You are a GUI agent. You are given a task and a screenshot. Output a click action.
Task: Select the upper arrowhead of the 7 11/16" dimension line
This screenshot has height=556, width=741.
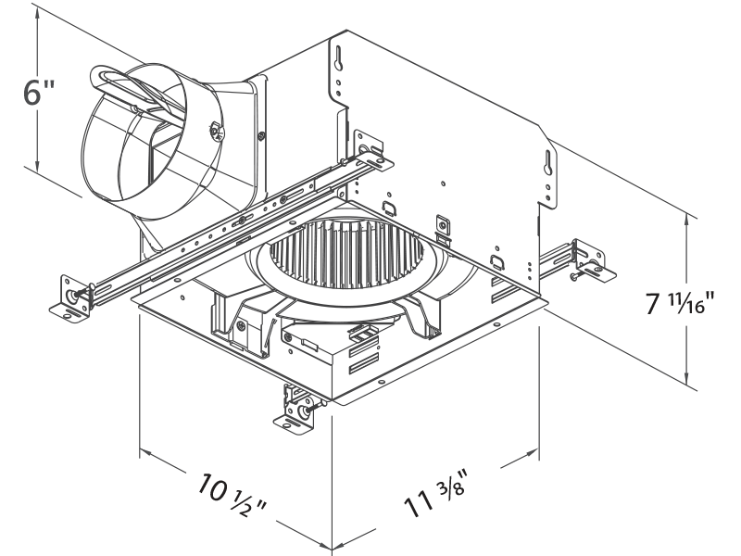click(x=688, y=220)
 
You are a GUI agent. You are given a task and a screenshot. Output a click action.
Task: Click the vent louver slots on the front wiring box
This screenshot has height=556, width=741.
click(x=364, y=357)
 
